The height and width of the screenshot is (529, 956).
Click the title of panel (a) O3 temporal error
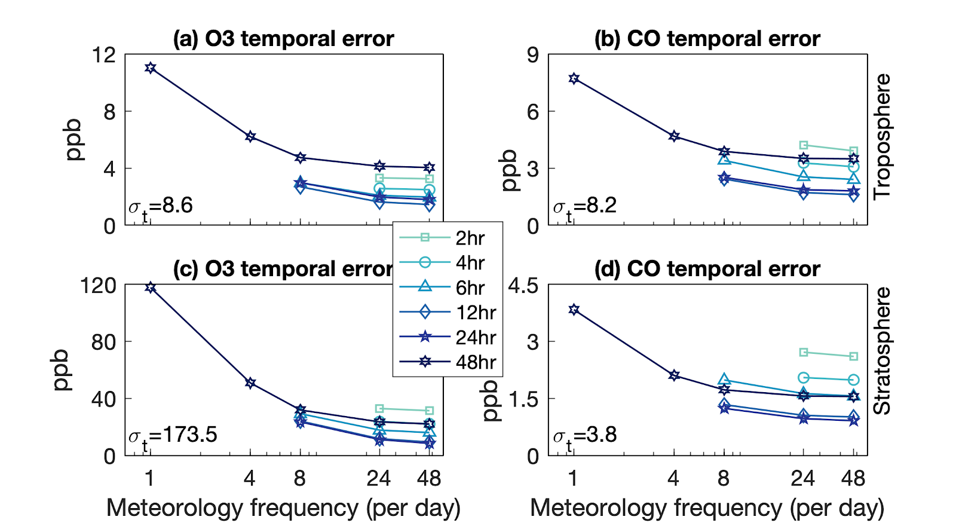[283, 39]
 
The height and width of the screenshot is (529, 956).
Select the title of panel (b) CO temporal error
[707, 39]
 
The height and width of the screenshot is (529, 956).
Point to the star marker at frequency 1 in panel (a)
[150, 68]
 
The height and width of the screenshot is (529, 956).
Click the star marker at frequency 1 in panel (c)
[150, 288]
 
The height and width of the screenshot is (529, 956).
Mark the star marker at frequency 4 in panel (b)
[674, 136]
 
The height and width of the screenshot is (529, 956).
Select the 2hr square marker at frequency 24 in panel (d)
[804, 352]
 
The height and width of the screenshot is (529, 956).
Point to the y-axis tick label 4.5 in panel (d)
[523, 286]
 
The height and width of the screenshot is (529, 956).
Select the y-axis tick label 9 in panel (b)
[532, 56]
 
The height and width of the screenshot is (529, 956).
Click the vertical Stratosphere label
[882, 351]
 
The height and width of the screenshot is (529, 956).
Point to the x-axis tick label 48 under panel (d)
[853, 478]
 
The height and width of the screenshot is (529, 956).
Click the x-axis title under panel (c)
[283, 508]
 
